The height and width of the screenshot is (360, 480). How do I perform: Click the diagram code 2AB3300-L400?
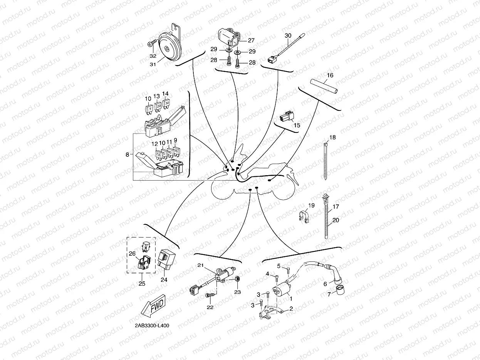152,325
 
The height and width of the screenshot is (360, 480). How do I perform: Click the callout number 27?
251,40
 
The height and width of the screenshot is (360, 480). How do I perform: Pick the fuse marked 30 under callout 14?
167,104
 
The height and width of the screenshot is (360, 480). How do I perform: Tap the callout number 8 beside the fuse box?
128,155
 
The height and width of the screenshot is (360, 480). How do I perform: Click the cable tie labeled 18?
326,160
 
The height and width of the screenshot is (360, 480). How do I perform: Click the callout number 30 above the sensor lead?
288,36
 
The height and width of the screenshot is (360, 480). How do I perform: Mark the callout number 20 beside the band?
336,221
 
